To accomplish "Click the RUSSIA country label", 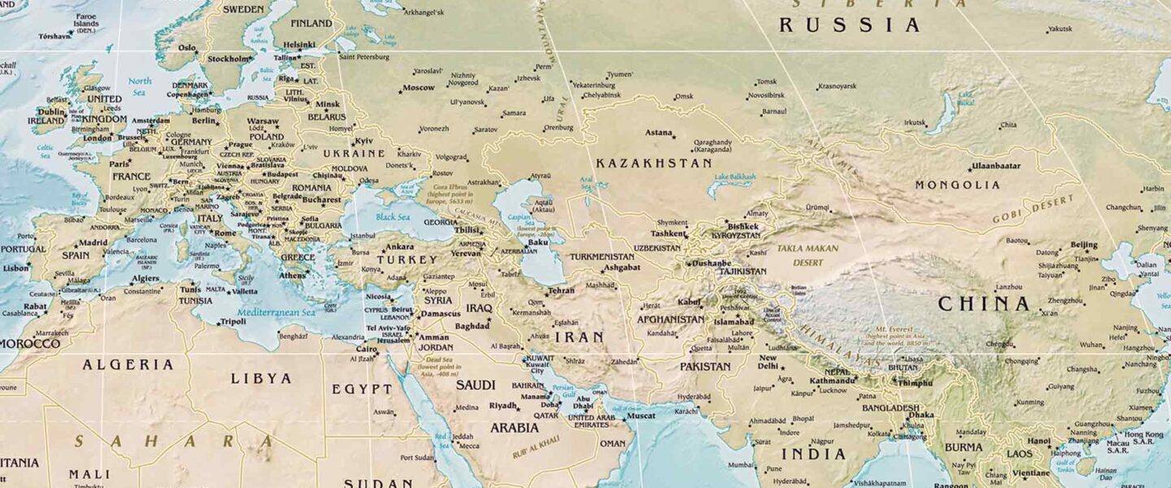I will [850, 25].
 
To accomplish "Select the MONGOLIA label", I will [957, 185].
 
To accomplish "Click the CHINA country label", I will [983, 304].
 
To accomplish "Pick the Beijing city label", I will [1083, 245].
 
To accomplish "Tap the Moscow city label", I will [419, 88].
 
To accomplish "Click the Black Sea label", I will [392, 217].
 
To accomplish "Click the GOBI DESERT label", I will [1027, 211].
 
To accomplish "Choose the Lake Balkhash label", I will [734, 176].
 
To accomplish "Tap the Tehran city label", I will [561, 290].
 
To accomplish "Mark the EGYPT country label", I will [362, 389].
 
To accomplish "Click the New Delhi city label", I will [768, 362].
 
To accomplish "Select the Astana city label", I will [659, 133].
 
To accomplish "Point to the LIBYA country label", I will [260, 378].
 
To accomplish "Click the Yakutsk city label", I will [1060, 29].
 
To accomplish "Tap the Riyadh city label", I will [503, 405].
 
